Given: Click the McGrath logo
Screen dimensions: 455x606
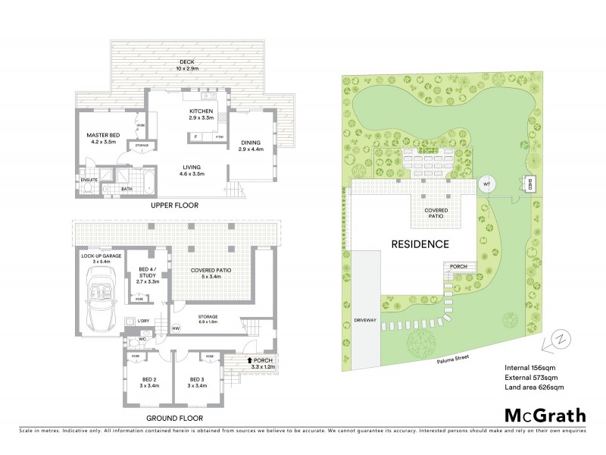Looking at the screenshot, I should point(545,415).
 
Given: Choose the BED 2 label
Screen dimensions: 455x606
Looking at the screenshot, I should point(150,381).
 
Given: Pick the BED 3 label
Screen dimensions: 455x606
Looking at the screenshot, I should point(198,381).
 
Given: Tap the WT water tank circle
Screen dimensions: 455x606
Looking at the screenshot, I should point(487,183).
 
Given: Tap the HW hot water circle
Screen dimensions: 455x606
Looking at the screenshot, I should point(176,328).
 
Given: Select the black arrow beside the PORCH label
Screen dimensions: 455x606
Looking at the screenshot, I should point(251,361).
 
